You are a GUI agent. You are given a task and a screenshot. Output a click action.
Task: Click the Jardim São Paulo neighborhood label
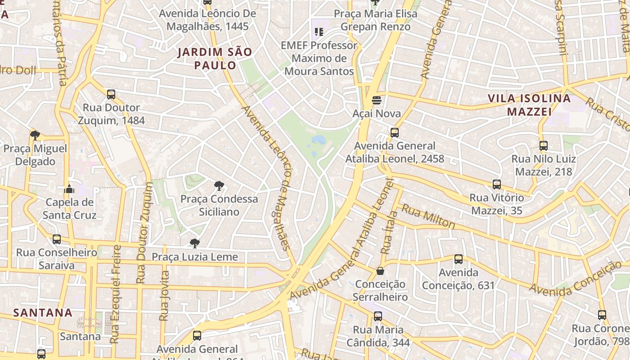pos(215,58)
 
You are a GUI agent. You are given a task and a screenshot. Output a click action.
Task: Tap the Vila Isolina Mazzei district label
pos(529,105)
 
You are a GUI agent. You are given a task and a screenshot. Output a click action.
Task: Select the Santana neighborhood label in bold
pos(43,312)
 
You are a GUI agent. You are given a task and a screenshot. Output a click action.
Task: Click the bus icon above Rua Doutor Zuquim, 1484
pos(111,94)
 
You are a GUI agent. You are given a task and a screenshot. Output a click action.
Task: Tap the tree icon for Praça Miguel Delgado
pos(35,135)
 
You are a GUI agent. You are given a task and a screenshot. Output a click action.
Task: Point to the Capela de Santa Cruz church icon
pos(69,189)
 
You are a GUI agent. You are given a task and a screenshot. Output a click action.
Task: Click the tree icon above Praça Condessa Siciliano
pos(219,185)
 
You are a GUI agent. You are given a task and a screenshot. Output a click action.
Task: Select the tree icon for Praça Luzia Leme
pos(195,243)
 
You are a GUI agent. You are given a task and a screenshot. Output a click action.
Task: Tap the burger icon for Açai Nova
pos(377,100)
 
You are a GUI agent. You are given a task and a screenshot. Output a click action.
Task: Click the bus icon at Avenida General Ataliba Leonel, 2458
pos(395,132)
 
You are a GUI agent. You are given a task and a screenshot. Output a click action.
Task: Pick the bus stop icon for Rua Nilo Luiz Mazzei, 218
pos(544,145)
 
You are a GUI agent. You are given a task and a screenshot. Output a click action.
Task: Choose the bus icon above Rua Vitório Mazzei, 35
pos(497,184)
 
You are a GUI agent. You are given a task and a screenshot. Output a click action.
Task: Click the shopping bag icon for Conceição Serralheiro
pos(380,271)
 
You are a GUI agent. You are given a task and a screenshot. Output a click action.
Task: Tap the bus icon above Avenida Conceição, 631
pos(459,259)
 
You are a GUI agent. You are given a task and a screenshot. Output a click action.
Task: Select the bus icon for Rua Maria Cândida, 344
pos(378,316)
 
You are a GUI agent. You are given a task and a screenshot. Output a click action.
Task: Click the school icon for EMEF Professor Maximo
pos(319,31)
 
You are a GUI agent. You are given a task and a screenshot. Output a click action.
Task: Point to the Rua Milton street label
pos(428,216)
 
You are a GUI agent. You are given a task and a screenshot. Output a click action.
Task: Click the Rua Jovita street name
pos(165,295)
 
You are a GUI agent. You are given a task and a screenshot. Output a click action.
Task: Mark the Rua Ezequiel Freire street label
pos(116,294)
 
